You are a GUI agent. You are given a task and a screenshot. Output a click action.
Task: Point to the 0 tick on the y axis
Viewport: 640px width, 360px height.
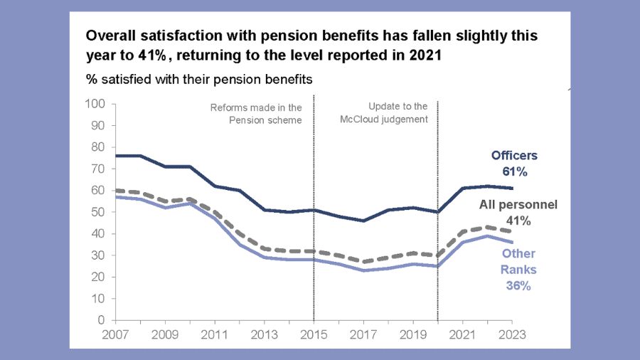point(102,320)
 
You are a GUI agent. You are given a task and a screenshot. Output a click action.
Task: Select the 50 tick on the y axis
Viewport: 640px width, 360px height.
point(99,212)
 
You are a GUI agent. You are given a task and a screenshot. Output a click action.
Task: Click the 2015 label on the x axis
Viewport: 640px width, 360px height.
point(314,334)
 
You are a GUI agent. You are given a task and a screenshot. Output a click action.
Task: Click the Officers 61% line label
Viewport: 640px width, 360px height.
point(514,163)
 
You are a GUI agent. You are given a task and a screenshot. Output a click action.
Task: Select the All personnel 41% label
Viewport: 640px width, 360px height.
point(518,212)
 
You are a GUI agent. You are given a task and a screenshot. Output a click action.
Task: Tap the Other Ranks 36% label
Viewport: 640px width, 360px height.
point(518,270)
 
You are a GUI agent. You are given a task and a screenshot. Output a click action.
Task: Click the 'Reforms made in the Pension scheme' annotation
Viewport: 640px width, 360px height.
point(256,114)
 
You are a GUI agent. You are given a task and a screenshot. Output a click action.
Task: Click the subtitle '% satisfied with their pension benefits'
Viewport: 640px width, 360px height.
point(199,78)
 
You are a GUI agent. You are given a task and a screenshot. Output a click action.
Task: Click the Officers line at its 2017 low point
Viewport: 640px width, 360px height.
point(363,221)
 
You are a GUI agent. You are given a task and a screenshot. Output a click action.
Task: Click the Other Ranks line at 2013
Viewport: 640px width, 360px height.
point(265,257)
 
